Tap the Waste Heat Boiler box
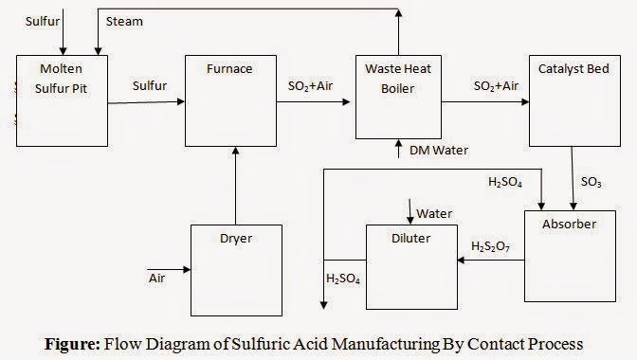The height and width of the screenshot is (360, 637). point(397,97)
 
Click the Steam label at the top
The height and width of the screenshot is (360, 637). point(125,21)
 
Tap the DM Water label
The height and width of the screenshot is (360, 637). point(439,150)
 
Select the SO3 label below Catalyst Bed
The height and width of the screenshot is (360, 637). point(591,180)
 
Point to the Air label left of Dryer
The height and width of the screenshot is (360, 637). point(157,279)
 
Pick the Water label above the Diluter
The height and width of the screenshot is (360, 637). point(434,211)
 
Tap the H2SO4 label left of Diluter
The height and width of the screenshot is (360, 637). point(343,279)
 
